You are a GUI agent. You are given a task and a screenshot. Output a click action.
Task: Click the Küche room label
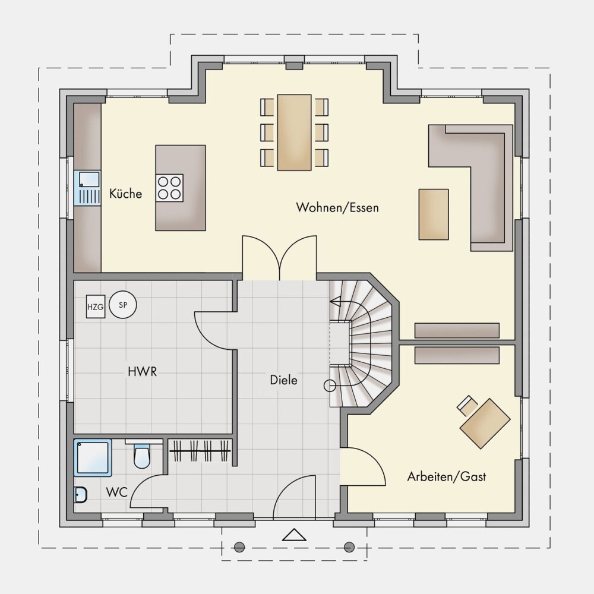125,194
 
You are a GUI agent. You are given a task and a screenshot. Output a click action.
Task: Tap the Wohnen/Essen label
337,207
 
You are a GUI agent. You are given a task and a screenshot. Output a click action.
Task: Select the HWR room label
142,372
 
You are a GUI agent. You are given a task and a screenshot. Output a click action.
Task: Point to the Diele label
283,380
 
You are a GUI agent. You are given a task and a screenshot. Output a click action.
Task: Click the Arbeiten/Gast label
446,476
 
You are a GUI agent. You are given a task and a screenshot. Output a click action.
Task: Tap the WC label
116,492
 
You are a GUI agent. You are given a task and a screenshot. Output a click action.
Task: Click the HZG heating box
96,307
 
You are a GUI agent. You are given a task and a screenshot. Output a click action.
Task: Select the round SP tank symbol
123,305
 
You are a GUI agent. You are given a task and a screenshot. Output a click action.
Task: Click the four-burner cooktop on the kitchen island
169,188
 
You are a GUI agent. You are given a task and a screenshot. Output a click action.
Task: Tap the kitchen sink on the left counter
88,188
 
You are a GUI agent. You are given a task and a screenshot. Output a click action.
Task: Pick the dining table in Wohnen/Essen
295,132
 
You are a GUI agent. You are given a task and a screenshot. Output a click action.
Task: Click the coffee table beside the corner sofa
434,214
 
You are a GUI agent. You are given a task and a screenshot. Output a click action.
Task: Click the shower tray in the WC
93,457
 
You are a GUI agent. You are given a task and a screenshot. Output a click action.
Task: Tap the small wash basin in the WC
81,495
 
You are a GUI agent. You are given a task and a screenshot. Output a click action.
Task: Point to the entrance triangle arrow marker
295,535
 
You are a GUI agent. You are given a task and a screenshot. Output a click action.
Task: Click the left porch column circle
239,547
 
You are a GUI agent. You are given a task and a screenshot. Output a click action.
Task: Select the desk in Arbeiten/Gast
485,423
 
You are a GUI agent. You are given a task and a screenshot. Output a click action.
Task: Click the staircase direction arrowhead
335,302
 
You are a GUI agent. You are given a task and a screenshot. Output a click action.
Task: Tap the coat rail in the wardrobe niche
200,450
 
